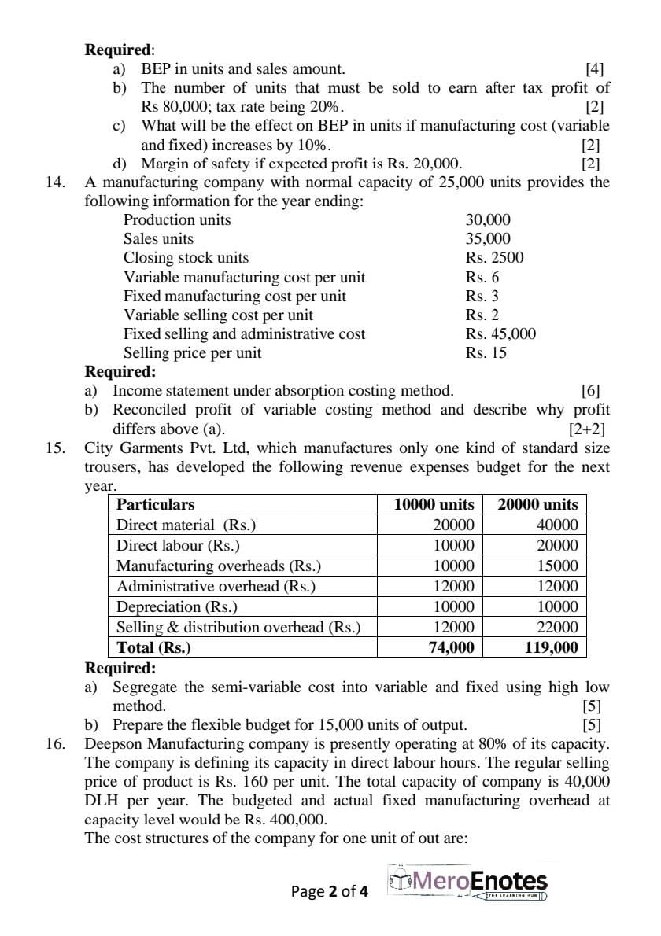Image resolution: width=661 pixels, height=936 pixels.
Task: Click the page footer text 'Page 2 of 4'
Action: [329, 891]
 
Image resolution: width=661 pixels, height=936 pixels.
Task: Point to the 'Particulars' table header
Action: [156, 504]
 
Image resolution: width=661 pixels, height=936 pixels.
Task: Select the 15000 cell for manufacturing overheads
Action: [557, 566]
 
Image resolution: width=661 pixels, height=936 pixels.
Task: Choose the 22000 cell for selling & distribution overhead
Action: [557, 627]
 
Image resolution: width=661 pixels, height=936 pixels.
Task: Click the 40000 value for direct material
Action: [557, 525]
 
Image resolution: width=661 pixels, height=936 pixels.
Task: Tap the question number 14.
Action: [55, 182]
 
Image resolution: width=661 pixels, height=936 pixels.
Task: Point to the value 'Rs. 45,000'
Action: [500, 333]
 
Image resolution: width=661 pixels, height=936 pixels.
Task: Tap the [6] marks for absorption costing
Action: [590, 391]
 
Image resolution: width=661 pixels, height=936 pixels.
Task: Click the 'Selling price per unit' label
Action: [192, 352]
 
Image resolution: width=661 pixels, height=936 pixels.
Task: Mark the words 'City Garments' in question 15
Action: [127, 448]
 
